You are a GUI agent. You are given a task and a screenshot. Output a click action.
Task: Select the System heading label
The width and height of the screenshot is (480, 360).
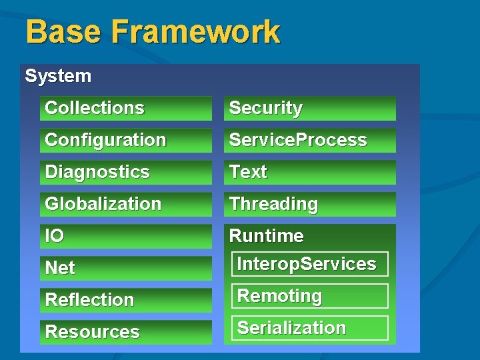(x=58, y=76)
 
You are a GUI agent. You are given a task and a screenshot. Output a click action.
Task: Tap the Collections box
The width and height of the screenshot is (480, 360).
(x=125, y=108)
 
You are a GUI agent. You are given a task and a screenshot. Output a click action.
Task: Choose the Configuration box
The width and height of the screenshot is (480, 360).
(x=125, y=140)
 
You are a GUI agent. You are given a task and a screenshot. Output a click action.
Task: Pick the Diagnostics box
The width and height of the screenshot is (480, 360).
(x=125, y=172)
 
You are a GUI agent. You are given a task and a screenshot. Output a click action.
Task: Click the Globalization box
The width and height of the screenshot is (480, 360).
(x=125, y=204)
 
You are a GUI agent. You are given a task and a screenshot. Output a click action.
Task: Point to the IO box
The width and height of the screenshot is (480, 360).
(x=125, y=236)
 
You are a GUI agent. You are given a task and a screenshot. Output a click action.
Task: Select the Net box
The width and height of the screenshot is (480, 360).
(x=125, y=268)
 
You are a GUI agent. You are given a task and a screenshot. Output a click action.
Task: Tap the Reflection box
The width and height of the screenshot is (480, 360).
(x=125, y=300)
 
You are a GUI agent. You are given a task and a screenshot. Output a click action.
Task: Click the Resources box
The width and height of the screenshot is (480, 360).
(x=125, y=332)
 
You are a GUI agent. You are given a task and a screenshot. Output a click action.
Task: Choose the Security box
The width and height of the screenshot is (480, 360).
(x=309, y=108)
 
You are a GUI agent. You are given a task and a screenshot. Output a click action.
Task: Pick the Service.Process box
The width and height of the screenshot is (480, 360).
(x=309, y=140)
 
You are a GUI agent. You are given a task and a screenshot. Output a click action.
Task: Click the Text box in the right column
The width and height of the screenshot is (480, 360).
(x=309, y=172)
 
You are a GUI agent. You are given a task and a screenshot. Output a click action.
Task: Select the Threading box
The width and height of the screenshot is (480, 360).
(x=309, y=204)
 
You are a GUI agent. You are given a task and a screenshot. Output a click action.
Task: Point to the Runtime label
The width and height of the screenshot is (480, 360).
(x=267, y=236)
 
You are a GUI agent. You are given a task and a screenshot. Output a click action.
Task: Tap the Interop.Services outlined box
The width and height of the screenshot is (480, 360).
(x=309, y=264)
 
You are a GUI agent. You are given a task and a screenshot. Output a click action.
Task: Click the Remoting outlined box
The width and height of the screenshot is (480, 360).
(x=309, y=296)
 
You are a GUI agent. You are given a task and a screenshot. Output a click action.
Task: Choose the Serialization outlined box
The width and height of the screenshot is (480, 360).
(x=309, y=328)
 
